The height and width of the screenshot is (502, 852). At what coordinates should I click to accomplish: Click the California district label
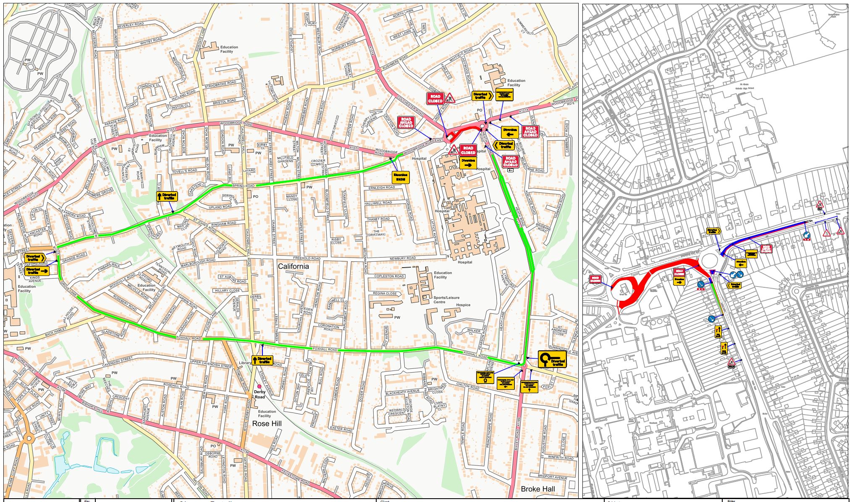click(293, 266)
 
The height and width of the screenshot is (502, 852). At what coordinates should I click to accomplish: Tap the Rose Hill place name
click(267, 423)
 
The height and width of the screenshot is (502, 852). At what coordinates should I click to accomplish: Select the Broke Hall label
click(537, 489)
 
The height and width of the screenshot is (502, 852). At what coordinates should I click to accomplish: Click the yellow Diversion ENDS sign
click(400, 177)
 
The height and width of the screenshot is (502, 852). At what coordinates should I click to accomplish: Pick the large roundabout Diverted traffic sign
click(552, 359)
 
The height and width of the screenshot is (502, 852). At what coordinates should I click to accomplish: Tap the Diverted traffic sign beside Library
click(262, 360)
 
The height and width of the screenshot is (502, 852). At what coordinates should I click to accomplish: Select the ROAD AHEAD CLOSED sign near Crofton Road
click(406, 122)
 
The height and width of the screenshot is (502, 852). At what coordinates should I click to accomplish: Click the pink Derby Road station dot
click(259, 386)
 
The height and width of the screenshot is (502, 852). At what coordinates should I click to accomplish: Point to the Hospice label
click(463, 305)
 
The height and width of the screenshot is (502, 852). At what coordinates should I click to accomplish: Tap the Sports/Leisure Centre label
click(446, 300)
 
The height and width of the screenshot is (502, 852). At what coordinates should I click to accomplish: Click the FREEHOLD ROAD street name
click(307, 258)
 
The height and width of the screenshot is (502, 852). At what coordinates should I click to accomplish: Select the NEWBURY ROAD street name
click(402, 258)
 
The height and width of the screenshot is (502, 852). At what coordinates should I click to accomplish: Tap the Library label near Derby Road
click(245, 363)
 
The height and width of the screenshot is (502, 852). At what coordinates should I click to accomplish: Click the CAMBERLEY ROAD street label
click(566, 139)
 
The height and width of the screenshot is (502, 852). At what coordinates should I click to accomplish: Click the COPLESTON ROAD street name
click(389, 276)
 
